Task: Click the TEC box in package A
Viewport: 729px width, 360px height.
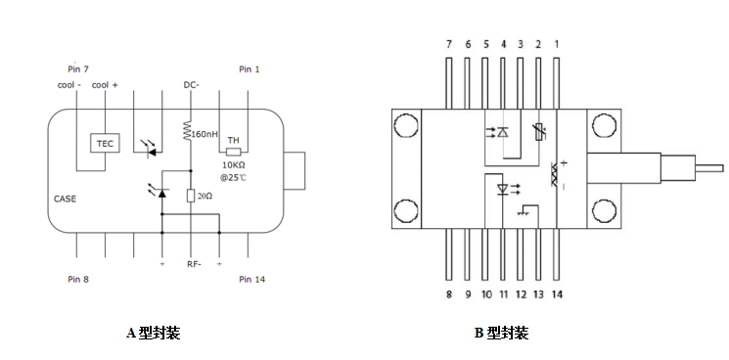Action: tap(104, 143)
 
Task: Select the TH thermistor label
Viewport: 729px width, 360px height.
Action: tap(233, 140)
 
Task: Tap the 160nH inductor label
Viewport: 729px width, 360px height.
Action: tap(205, 133)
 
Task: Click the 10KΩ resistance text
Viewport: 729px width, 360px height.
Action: tap(234, 165)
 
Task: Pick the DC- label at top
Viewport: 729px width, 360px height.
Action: tap(192, 85)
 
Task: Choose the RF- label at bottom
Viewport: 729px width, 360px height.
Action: tap(192, 265)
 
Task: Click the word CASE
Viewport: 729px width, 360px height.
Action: tap(65, 199)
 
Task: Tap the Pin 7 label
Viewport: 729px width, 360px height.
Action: tap(78, 69)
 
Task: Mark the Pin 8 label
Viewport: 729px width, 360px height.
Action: tap(78, 280)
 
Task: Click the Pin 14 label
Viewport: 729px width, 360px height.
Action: tap(251, 280)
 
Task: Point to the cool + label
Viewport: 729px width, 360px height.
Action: tap(105, 85)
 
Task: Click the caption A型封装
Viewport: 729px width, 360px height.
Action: tap(154, 333)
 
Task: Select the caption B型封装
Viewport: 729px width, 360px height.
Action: tap(501, 333)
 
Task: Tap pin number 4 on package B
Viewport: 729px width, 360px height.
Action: tap(503, 45)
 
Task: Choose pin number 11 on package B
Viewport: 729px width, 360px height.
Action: tap(503, 293)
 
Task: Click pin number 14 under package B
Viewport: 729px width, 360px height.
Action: tap(557, 293)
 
